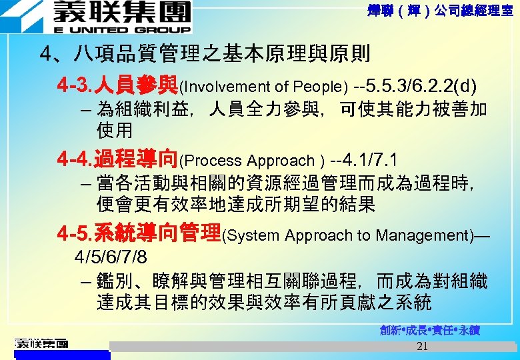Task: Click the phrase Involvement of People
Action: click(263, 87)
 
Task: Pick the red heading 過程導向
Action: click(136, 159)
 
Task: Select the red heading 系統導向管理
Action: click(157, 233)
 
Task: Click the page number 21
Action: click(421, 346)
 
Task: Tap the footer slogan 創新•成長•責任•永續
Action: click(431, 331)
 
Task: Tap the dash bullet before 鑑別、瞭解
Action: click(83, 282)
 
